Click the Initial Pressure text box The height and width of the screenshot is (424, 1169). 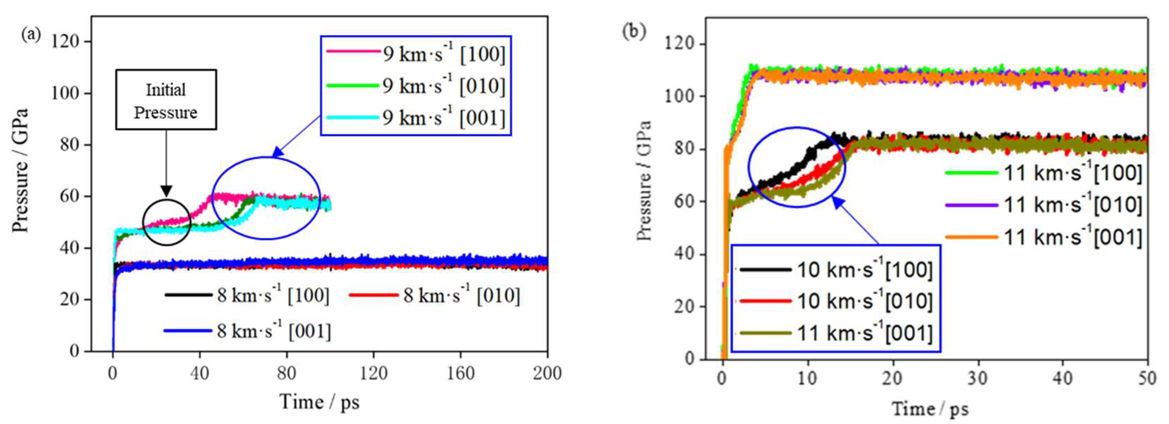pos(166,100)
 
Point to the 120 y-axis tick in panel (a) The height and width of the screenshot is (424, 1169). pos(65,42)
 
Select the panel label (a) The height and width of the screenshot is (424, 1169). pos(31,34)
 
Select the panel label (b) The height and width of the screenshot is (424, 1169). pos(634,31)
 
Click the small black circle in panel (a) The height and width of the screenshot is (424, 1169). pos(166,222)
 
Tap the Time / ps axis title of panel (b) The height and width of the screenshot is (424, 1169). pos(930,409)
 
